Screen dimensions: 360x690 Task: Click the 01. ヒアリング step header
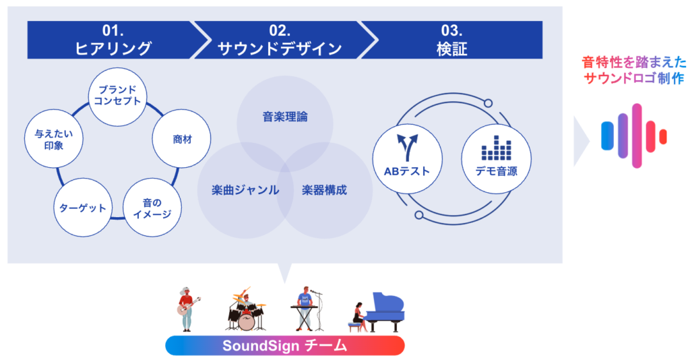coord(111,40)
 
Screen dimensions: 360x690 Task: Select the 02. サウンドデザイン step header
coord(279,40)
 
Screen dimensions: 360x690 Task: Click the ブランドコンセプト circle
coord(118,96)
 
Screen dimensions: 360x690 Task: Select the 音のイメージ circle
coord(152,208)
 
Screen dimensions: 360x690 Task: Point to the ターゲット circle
coord(80,208)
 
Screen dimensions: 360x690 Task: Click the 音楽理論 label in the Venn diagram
coord(285,117)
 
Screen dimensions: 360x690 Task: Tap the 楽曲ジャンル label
coord(240,189)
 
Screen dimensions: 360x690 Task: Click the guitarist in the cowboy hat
coord(186,308)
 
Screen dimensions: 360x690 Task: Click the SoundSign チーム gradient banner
coord(285,346)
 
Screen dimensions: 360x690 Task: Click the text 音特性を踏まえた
coord(634,63)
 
